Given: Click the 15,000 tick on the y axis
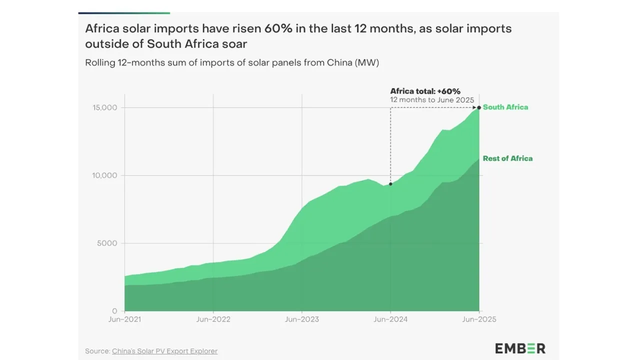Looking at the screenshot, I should click(104, 108).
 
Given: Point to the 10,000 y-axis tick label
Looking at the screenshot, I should click(104, 175).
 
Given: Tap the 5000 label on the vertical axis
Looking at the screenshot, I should click(106, 243).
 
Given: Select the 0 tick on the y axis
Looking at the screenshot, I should click(114, 311).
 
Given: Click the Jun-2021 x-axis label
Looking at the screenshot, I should click(124, 319).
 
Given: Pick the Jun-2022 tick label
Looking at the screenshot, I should click(213, 319).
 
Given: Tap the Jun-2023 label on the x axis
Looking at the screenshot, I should click(301, 319).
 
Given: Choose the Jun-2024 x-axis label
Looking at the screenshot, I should click(390, 319).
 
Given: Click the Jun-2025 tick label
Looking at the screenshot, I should click(479, 319).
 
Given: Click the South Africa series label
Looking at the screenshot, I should click(505, 107).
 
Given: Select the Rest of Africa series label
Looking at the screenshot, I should click(507, 158).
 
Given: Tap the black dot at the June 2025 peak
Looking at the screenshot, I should click(479, 107).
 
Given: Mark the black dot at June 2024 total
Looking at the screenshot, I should click(390, 184).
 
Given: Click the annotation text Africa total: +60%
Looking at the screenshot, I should click(425, 91).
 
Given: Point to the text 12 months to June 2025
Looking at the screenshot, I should click(432, 100).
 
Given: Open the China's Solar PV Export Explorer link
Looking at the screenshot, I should click(164, 351).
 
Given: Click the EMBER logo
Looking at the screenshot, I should click(520, 348).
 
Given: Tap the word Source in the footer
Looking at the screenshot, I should click(97, 351).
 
